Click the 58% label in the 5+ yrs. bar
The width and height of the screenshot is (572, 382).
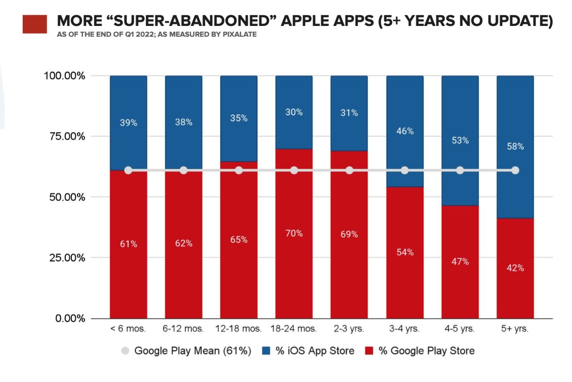click(x=515, y=146)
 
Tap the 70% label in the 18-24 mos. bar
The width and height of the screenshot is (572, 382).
click(x=294, y=233)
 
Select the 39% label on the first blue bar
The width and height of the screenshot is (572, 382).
click(x=128, y=123)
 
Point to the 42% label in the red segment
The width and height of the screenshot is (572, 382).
click(x=515, y=268)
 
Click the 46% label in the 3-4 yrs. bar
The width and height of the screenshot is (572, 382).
click(x=404, y=131)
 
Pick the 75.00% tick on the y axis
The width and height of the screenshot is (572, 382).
click(x=64, y=136)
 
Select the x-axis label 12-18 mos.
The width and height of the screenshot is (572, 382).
click(x=238, y=329)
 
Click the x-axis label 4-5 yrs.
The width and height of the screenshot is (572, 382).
click(x=460, y=329)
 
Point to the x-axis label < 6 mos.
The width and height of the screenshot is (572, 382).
click(x=128, y=329)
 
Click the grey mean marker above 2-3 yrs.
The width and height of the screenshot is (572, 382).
click(x=349, y=170)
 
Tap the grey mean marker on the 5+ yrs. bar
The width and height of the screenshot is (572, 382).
click(x=515, y=170)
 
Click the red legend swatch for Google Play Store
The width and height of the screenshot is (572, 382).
click(x=369, y=351)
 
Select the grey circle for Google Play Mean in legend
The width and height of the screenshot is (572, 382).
click(x=126, y=351)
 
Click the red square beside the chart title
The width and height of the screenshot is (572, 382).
click(x=35, y=24)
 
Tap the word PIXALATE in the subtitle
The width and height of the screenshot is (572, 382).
click(x=240, y=34)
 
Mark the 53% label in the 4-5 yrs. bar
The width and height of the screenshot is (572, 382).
click(x=460, y=140)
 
